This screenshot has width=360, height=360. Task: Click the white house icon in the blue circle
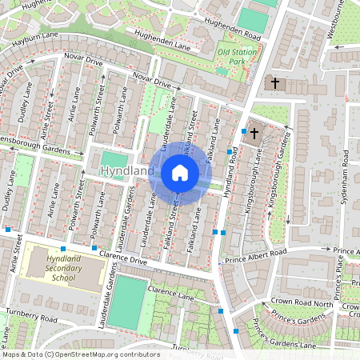click(179, 172)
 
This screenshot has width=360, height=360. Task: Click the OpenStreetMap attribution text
click(80, 354)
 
